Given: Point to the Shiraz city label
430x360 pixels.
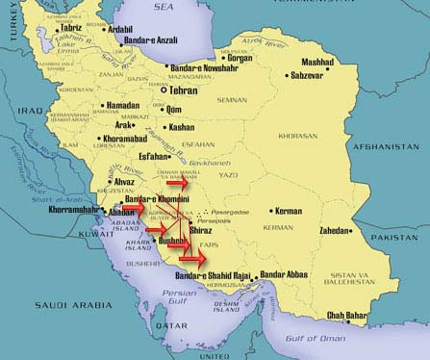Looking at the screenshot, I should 201,231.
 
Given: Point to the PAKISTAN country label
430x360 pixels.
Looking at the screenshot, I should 404,237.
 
